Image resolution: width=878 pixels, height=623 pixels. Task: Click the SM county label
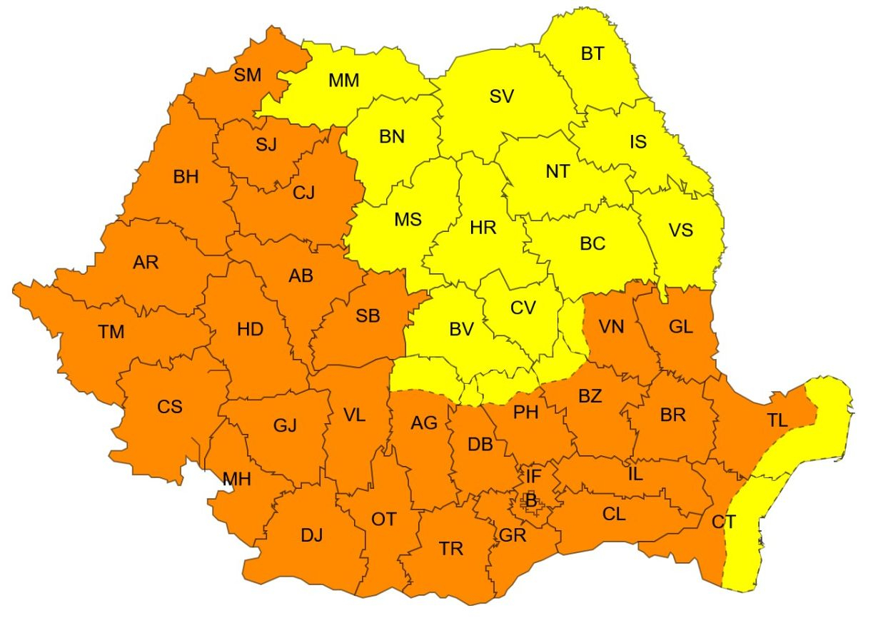tap(248, 74)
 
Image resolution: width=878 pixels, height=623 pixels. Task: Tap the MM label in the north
tap(343, 80)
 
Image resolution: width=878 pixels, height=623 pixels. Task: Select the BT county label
tap(592, 54)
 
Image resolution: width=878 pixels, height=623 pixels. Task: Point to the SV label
tap(502, 97)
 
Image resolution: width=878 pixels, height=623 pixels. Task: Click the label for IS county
tap(637, 141)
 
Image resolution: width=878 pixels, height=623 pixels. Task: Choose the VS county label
tap(680, 230)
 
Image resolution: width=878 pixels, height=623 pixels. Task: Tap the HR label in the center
tap(483, 228)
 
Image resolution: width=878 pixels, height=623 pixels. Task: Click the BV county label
tap(462, 329)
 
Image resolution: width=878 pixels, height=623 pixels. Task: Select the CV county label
tap(523, 308)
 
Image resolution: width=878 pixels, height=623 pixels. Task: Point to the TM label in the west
tap(111, 332)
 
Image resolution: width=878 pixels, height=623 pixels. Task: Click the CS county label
tap(170, 407)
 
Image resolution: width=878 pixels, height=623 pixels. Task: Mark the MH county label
tap(237, 479)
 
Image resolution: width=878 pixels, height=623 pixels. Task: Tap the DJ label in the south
tap(311, 535)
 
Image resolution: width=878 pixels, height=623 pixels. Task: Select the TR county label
tap(450, 549)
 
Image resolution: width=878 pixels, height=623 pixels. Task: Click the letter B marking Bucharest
tap(530, 501)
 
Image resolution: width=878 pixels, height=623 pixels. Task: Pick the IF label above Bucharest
tap(534, 475)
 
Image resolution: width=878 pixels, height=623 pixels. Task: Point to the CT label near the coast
tap(723, 522)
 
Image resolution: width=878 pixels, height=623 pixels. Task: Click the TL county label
tap(777, 420)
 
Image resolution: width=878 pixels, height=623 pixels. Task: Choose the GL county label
tap(680, 327)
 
